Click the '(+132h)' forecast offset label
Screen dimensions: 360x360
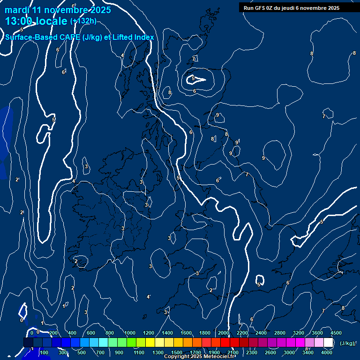point(83,21)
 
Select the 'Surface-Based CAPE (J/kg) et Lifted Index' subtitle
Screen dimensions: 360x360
point(79,37)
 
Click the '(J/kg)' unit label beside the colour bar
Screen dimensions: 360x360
point(347,343)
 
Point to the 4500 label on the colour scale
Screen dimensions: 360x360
point(336,333)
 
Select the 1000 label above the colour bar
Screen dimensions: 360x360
point(130,333)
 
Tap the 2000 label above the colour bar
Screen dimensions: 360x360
point(224,333)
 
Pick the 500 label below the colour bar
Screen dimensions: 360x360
point(81,352)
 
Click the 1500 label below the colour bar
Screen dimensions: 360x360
point(177,352)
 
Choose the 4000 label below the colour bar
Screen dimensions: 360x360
point(327,352)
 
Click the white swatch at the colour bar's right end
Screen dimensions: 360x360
point(328,343)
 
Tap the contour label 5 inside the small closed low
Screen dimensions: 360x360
point(193,79)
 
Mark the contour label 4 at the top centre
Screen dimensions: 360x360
point(122,56)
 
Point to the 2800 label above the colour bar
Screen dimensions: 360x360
point(280,333)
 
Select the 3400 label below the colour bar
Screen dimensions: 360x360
point(308,352)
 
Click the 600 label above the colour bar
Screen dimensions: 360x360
point(91,333)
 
